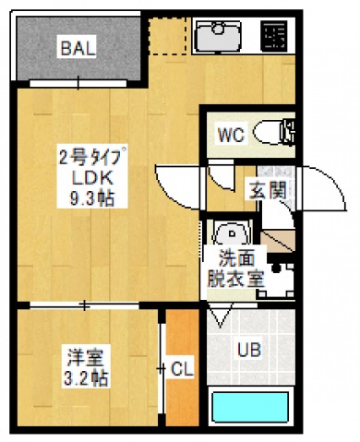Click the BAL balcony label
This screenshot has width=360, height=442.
pyautogui.click(x=76, y=48)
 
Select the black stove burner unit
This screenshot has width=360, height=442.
pyautogui.click(x=272, y=37)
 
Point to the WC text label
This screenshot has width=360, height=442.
pyautogui.click(x=229, y=135)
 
